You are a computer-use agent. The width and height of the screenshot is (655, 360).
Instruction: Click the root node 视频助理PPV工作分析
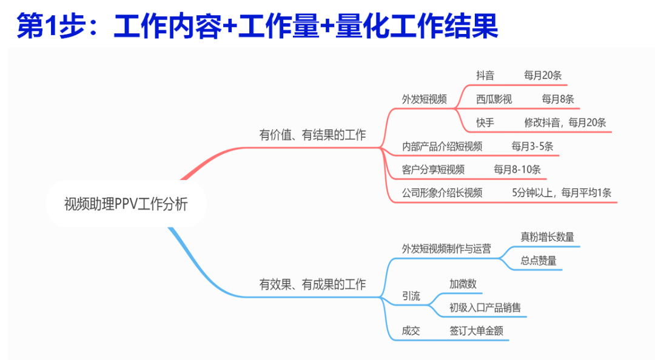[126, 204]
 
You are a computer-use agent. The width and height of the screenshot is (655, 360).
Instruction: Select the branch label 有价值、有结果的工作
[312, 135]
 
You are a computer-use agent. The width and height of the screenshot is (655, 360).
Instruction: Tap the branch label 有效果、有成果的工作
[312, 284]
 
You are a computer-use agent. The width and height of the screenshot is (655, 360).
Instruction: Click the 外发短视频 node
[424, 99]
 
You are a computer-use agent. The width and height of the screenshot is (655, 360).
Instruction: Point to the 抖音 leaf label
[485, 76]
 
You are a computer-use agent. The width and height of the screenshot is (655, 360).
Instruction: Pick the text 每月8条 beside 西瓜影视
[558, 99]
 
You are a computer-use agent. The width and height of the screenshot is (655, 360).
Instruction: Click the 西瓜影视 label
[494, 99]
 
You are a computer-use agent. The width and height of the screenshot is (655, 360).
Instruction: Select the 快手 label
[485, 123]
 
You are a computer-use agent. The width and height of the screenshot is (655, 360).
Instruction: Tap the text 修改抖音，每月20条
[565, 123]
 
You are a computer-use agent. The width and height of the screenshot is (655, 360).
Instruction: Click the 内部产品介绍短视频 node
[442, 147]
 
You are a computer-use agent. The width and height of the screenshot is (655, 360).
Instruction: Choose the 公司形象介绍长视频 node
[442, 193]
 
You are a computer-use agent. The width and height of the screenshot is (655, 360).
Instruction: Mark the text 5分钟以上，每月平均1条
[562, 193]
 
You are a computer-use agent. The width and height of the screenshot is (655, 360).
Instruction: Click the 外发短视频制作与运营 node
[446, 248]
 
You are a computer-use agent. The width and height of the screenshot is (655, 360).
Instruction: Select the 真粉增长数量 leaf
[547, 237]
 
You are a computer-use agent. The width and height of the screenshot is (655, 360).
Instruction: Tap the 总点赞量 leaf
[538, 261]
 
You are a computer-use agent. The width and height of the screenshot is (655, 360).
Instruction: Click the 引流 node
[411, 296]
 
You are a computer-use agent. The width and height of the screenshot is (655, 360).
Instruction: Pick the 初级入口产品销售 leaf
[485, 308]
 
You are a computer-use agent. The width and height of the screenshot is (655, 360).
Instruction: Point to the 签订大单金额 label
[476, 332]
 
